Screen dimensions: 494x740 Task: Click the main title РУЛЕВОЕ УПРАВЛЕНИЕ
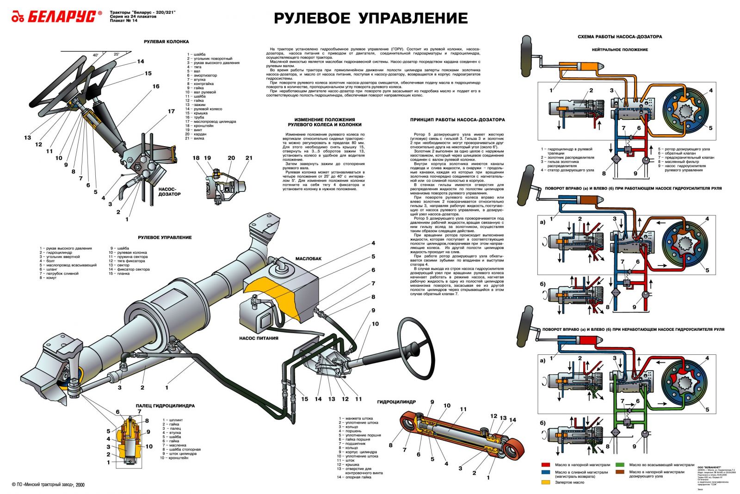click(x=370, y=18)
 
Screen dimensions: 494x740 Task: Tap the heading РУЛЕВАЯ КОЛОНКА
click(x=160, y=42)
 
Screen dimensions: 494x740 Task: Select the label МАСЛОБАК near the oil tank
click(x=308, y=259)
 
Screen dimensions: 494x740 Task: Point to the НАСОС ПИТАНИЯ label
click(x=259, y=338)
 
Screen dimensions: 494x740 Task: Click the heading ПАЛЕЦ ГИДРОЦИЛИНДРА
click(x=165, y=406)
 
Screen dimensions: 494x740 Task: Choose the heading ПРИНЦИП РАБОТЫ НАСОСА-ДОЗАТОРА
click(x=457, y=120)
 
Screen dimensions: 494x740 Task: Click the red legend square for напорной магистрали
click(x=546, y=465)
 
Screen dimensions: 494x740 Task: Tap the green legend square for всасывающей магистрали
click(x=620, y=465)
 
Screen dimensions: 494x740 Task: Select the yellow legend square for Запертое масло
click(x=546, y=482)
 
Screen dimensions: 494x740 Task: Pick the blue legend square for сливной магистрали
click(x=546, y=473)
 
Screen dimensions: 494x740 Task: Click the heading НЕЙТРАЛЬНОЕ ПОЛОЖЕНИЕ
click(x=620, y=49)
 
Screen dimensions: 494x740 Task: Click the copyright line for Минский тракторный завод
click(x=48, y=485)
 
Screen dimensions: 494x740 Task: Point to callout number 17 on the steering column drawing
click(x=171, y=111)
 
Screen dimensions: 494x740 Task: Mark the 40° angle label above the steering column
click(x=96, y=55)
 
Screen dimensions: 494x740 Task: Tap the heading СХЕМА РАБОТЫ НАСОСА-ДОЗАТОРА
click(x=620, y=37)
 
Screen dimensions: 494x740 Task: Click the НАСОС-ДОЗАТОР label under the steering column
click(x=169, y=191)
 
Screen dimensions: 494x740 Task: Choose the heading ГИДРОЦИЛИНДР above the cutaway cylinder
click(x=396, y=402)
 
